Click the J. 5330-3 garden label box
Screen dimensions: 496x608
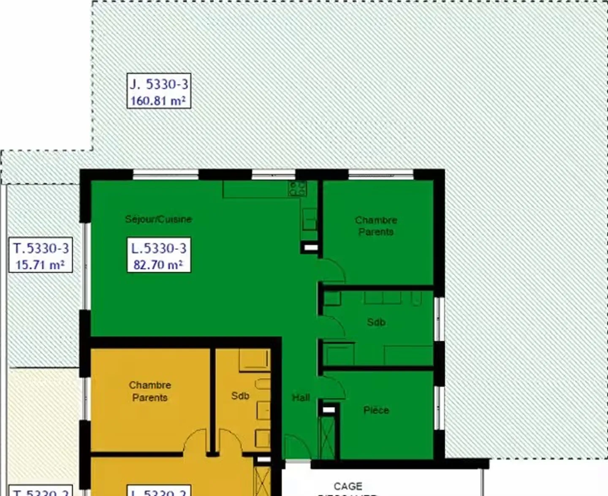click(159, 91)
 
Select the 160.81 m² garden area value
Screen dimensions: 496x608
click(158, 101)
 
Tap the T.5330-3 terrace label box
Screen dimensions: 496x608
click(41, 255)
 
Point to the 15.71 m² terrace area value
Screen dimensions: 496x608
click(40, 265)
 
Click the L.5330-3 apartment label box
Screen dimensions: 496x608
click(159, 255)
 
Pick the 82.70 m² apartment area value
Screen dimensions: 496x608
click(158, 265)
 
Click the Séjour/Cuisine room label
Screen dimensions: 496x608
click(158, 219)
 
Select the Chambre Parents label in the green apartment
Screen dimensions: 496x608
click(376, 226)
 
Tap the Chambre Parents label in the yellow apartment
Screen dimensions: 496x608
click(150, 391)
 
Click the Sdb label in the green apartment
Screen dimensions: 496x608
click(376, 322)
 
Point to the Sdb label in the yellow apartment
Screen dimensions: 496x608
click(240, 396)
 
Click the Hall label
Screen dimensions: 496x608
click(301, 397)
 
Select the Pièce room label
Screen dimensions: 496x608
click(376, 410)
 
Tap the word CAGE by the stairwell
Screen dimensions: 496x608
click(348, 486)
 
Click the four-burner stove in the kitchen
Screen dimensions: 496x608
click(297, 189)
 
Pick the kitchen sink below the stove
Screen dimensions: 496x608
click(309, 219)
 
